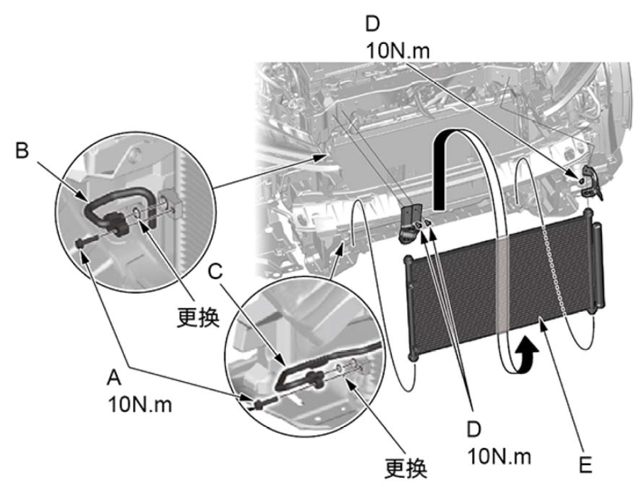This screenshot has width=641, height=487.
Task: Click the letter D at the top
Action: click(x=373, y=24)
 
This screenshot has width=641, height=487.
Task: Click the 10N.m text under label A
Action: click(x=140, y=403)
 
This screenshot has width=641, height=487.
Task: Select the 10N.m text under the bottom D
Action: click(x=500, y=455)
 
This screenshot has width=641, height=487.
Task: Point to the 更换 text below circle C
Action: click(x=406, y=467)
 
